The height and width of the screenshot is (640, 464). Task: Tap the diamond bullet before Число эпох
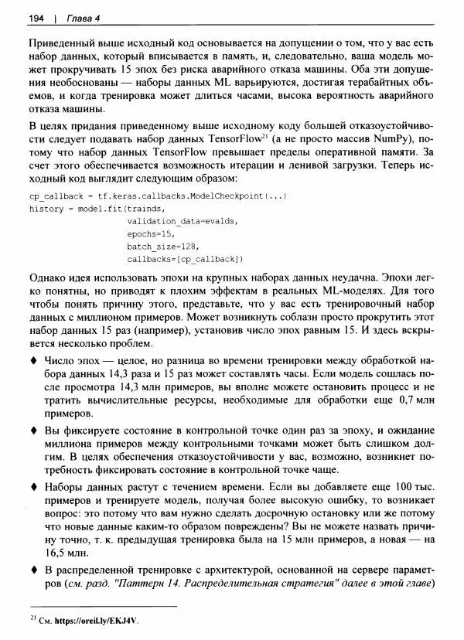point(33,362)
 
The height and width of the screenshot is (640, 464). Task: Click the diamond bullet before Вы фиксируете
point(33,430)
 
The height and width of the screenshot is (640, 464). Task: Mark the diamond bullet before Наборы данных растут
point(33,488)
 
